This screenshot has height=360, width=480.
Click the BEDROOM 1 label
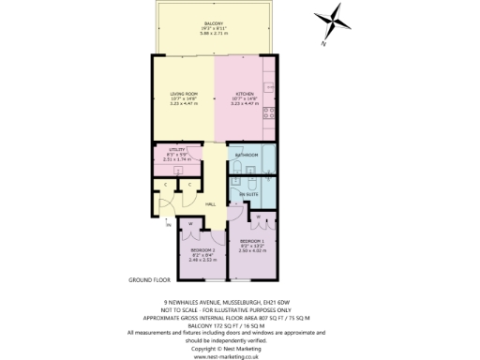252,242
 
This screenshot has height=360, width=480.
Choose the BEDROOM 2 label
203,251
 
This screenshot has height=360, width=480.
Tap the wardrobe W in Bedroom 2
190,223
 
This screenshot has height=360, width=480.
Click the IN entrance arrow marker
169,226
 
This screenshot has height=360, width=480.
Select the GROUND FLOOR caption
148,279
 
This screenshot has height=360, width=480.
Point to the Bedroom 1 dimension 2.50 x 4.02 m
252,251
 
